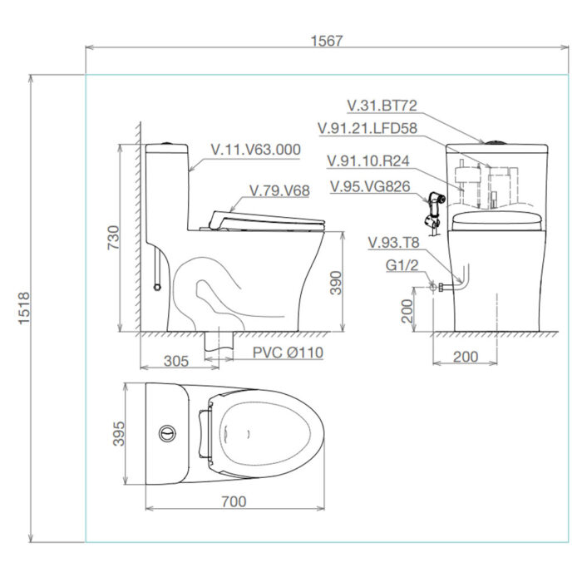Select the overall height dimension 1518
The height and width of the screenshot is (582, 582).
pos(24,308)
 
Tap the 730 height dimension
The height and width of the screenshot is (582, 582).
pos(113,238)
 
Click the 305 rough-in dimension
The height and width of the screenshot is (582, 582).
pos(175,361)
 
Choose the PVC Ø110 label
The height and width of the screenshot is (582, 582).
pos(289,353)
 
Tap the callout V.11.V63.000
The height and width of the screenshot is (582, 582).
pos(255,149)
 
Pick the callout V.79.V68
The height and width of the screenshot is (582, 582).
pos(279,190)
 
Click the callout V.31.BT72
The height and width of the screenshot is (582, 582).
pos(382,106)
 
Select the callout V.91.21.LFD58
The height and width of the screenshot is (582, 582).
pos(367,128)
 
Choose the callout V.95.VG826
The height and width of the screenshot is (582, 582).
pos(369,186)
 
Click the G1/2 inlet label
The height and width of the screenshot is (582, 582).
pos(402,266)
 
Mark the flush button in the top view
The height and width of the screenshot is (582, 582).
pos(168,433)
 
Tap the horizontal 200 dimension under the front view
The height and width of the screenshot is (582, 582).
pos(466,357)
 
